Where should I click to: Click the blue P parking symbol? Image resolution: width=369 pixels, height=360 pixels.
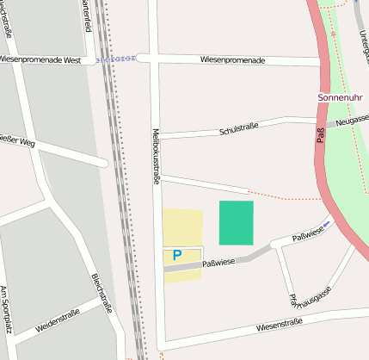pos(177,255)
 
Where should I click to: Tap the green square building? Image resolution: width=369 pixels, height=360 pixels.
pos(237,223)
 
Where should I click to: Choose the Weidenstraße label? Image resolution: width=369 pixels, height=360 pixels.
pos(58,321)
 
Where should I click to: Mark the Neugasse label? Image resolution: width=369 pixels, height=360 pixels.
pos(353,121)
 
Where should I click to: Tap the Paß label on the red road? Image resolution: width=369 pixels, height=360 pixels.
pos(321,134)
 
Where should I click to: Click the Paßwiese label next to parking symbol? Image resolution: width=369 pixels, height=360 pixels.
pos(218,262)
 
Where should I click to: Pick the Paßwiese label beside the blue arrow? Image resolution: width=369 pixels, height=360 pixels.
pos(306,234)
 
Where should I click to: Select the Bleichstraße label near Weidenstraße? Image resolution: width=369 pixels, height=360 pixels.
pos(102,292)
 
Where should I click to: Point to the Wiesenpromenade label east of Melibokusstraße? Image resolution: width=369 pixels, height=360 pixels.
pos(232,60)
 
